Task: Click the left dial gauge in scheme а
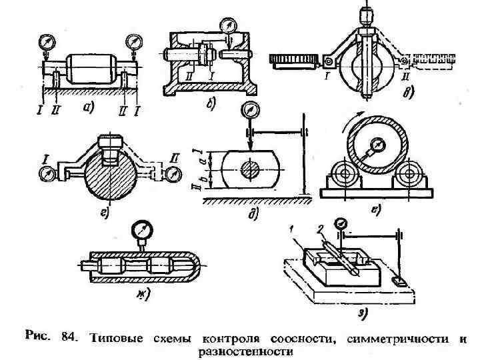point(47,41)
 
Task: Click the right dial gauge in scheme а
point(135,41)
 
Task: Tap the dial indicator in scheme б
point(228,26)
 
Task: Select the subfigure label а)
point(87,107)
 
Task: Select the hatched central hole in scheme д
point(249,169)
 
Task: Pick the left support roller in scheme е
point(345,177)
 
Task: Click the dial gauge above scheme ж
point(141,231)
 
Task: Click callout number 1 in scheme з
point(292,229)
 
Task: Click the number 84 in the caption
point(69,338)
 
